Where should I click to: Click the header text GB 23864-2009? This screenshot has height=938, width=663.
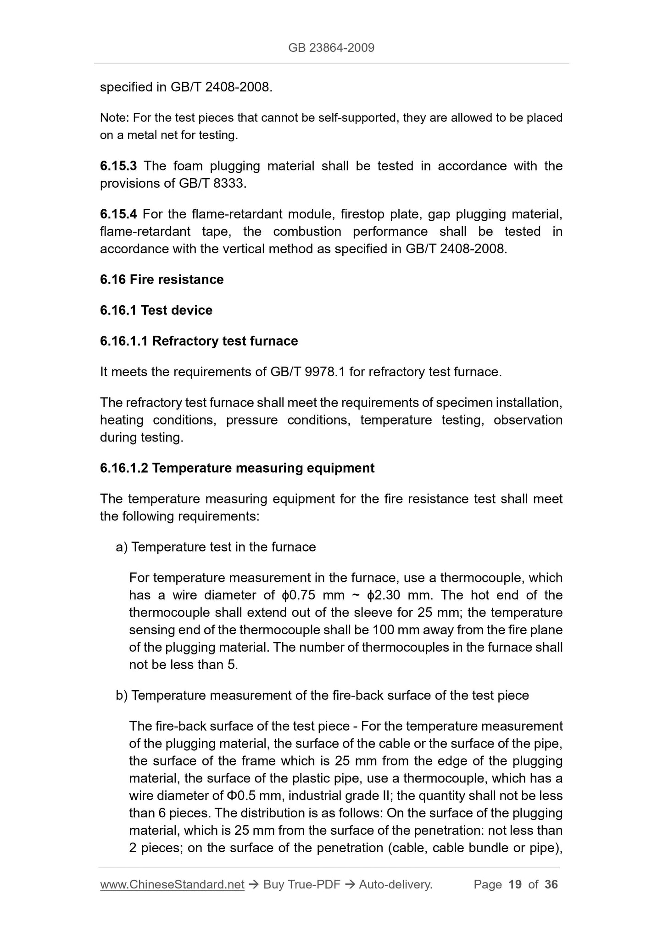[x=331, y=48]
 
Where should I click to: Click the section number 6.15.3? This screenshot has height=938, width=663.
[x=118, y=166]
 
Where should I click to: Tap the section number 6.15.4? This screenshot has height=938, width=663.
[x=118, y=214]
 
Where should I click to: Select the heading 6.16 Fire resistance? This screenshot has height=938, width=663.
[x=162, y=279]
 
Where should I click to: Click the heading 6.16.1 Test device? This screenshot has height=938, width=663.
[x=156, y=310]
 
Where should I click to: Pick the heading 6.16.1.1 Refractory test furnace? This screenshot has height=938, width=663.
[x=199, y=341]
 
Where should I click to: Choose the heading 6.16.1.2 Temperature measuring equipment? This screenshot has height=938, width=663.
[x=237, y=468]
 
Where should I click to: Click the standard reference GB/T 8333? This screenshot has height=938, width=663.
[x=212, y=184]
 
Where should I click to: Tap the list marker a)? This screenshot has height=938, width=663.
[x=122, y=547]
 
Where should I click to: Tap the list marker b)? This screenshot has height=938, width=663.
[x=122, y=695]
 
